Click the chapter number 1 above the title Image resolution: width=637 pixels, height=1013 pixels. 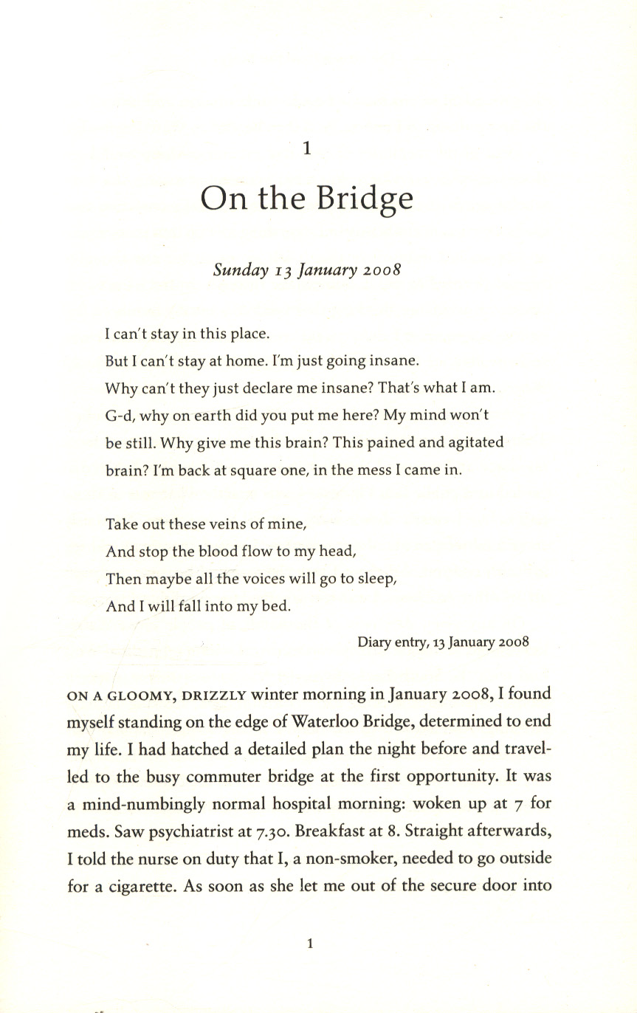click(x=307, y=148)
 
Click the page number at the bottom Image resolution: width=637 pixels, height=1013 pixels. click(x=310, y=943)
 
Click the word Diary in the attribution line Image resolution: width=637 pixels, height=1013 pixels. click(x=373, y=642)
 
